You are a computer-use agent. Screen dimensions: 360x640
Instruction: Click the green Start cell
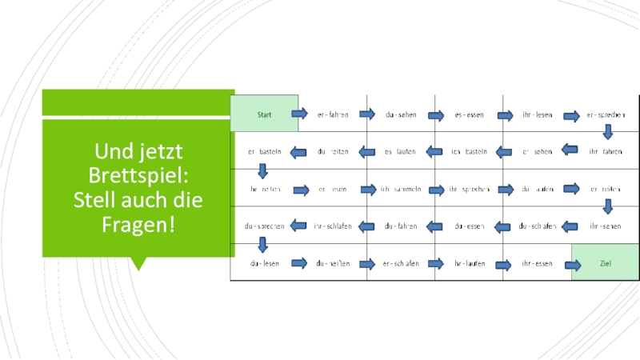(x=264, y=114)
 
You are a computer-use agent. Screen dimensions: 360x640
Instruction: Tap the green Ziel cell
(x=606, y=264)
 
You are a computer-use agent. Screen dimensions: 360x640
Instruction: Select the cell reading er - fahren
(x=333, y=114)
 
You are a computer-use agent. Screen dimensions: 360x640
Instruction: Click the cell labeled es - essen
(x=469, y=114)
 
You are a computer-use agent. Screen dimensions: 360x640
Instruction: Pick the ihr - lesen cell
(x=537, y=114)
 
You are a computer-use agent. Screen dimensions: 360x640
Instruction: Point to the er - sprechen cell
(x=605, y=114)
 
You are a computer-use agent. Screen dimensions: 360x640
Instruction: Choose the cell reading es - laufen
(x=400, y=151)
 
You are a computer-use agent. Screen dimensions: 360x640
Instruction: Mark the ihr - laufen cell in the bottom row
(x=469, y=263)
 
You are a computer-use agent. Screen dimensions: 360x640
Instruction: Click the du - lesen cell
(x=264, y=263)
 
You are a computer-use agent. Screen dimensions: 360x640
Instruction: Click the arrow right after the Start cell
(x=299, y=114)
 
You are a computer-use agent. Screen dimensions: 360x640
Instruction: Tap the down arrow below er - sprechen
(x=608, y=131)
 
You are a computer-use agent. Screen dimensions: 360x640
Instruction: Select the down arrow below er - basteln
(x=262, y=170)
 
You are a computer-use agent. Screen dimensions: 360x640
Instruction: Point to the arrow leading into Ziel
(x=572, y=265)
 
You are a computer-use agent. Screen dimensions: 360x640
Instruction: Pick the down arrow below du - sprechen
(x=262, y=245)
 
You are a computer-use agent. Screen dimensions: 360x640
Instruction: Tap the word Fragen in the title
(x=138, y=225)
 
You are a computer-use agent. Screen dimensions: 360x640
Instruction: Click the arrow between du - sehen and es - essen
(x=435, y=115)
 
